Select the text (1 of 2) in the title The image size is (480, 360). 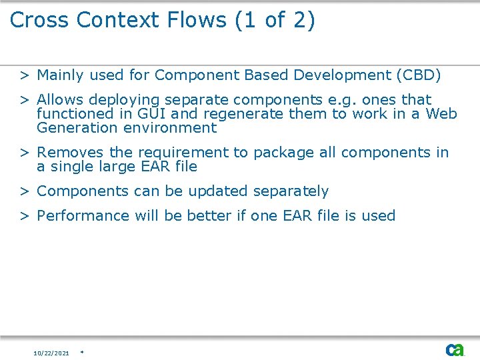pos(275,20)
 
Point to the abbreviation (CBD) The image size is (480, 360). pos(418,75)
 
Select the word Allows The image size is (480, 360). pos(61,100)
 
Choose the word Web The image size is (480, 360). pos(441,114)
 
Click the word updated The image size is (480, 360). pos(220,191)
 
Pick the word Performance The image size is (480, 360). pos(83,216)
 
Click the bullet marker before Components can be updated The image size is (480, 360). pos(23,191)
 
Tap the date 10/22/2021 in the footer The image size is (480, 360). pos(51,353)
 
